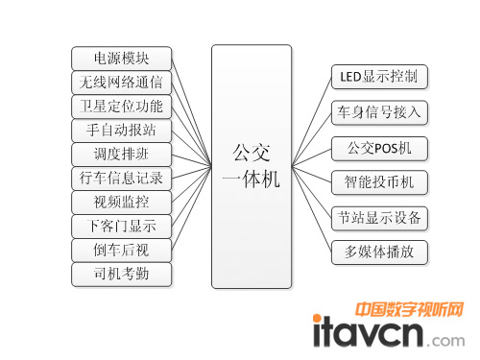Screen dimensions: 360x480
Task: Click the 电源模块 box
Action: pos(122,58)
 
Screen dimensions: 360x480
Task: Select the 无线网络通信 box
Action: pos(122,82)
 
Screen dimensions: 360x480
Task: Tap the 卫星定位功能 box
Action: pos(122,106)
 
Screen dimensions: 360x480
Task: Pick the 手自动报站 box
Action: pos(122,130)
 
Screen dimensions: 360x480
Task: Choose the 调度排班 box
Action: pos(122,154)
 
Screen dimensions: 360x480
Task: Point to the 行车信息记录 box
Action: pos(122,178)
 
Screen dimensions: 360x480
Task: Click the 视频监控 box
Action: pos(122,202)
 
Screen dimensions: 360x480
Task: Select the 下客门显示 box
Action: pos(122,227)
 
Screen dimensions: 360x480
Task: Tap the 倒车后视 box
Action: pos(122,251)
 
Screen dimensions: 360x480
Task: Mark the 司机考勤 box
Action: pos(122,275)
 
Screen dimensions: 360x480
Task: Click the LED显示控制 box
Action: pos(377,75)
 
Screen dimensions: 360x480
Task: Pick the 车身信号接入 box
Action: pos(377,111)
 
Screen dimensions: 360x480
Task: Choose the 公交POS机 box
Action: pos(377,148)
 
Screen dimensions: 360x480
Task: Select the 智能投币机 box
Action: pos(377,181)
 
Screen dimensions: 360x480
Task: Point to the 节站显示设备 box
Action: pos(377,217)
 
